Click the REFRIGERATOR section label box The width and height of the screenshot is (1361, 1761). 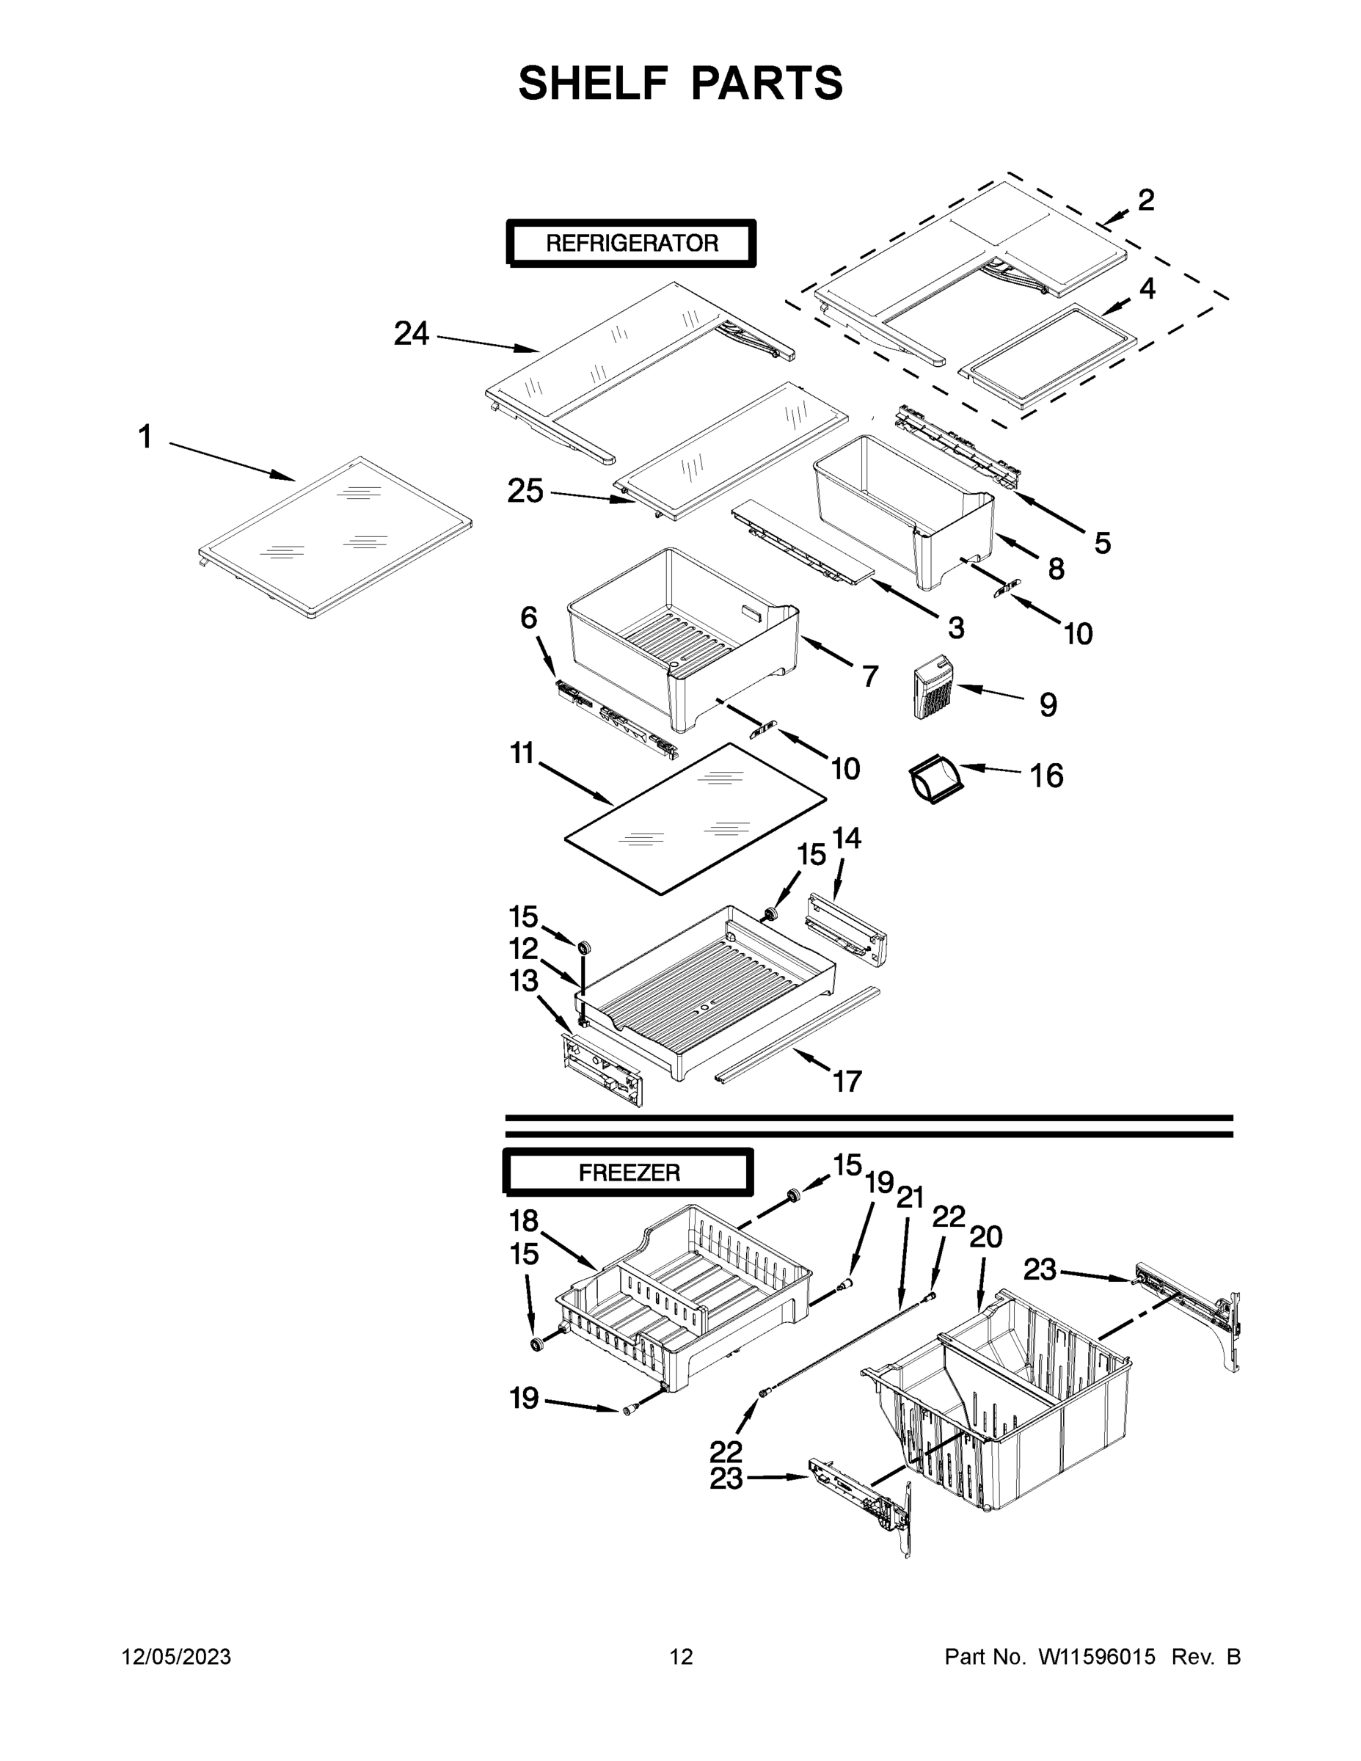click(x=631, y=243)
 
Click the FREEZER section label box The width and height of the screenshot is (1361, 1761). click(x=629, y=1173)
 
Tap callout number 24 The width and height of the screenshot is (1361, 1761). click(x=411, y=334)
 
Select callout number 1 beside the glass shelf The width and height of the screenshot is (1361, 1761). click(x=145, y=438)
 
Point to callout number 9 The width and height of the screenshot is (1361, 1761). click(x=1048, y=704)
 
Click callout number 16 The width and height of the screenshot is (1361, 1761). click(x=1046, y=776)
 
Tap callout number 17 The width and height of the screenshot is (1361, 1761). click(x=847, y=1081)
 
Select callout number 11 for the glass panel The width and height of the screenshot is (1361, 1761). click(x=522, y=754)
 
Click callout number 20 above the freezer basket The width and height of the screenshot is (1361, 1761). click(x=985, y=1236)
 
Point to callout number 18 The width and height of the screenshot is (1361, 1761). click(x=524, y=1221)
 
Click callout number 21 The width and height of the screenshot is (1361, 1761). click(x=910, y=1198)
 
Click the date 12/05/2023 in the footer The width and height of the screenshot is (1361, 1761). click(x=177, y=1656)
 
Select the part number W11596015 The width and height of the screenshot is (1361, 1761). click(x=1097, y=1656)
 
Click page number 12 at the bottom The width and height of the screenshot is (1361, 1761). click(x=682, y=1656)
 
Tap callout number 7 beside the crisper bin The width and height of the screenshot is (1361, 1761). click(x=870, y=676)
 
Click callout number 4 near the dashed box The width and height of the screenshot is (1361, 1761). click(x=1147, y=288)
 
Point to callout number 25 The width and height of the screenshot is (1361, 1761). click(x=525, y=490)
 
